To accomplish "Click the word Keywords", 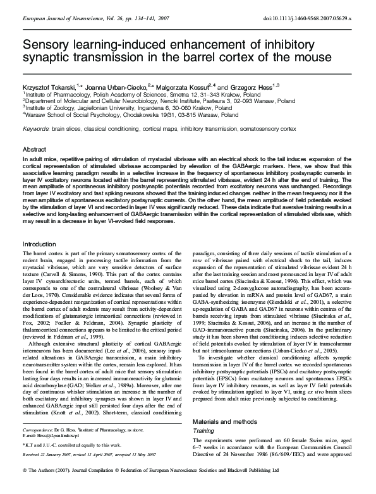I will tap(38, 128).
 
